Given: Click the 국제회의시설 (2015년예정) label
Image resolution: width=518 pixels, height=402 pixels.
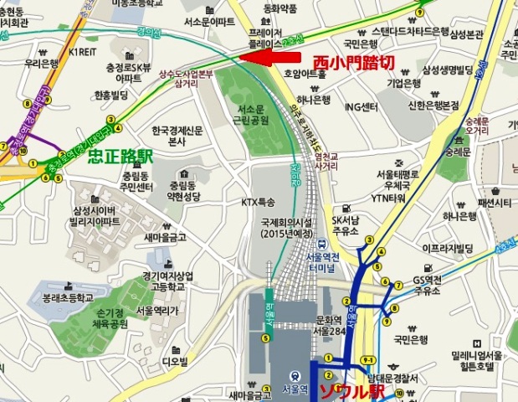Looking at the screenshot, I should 285,229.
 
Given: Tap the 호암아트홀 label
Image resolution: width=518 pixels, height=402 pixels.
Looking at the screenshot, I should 305,74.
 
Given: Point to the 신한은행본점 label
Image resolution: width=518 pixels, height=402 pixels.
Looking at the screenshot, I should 433,106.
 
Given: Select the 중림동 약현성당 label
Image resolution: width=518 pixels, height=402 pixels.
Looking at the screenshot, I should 187,190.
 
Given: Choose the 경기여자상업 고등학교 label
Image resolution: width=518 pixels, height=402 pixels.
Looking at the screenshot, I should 168,281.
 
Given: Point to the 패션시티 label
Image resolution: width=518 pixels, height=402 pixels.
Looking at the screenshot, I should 494,203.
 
